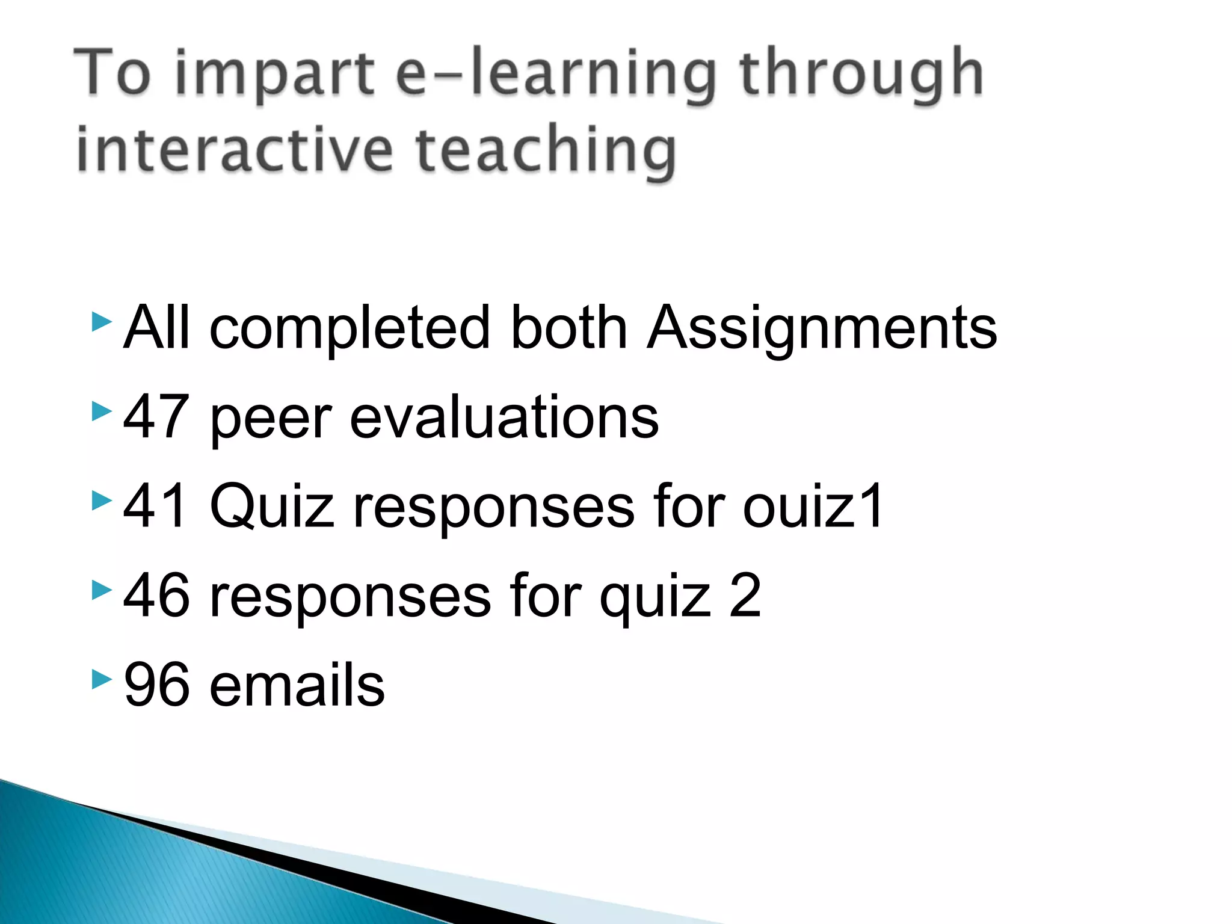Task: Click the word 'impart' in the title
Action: point(274,75)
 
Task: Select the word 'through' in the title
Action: point(861,75)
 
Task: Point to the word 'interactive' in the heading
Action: point(235,150)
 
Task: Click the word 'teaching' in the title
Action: point(546,150)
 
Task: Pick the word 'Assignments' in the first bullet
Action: point(822,328)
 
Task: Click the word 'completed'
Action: point(350,328)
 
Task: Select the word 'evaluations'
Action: point(504,416)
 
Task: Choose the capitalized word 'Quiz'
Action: point(271,507)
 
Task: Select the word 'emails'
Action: point(297,684)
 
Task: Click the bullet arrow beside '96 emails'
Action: point(102,680)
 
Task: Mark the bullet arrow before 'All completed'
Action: point(102,322)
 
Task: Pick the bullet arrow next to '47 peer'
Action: point(102,411)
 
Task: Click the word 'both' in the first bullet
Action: point(568,328)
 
